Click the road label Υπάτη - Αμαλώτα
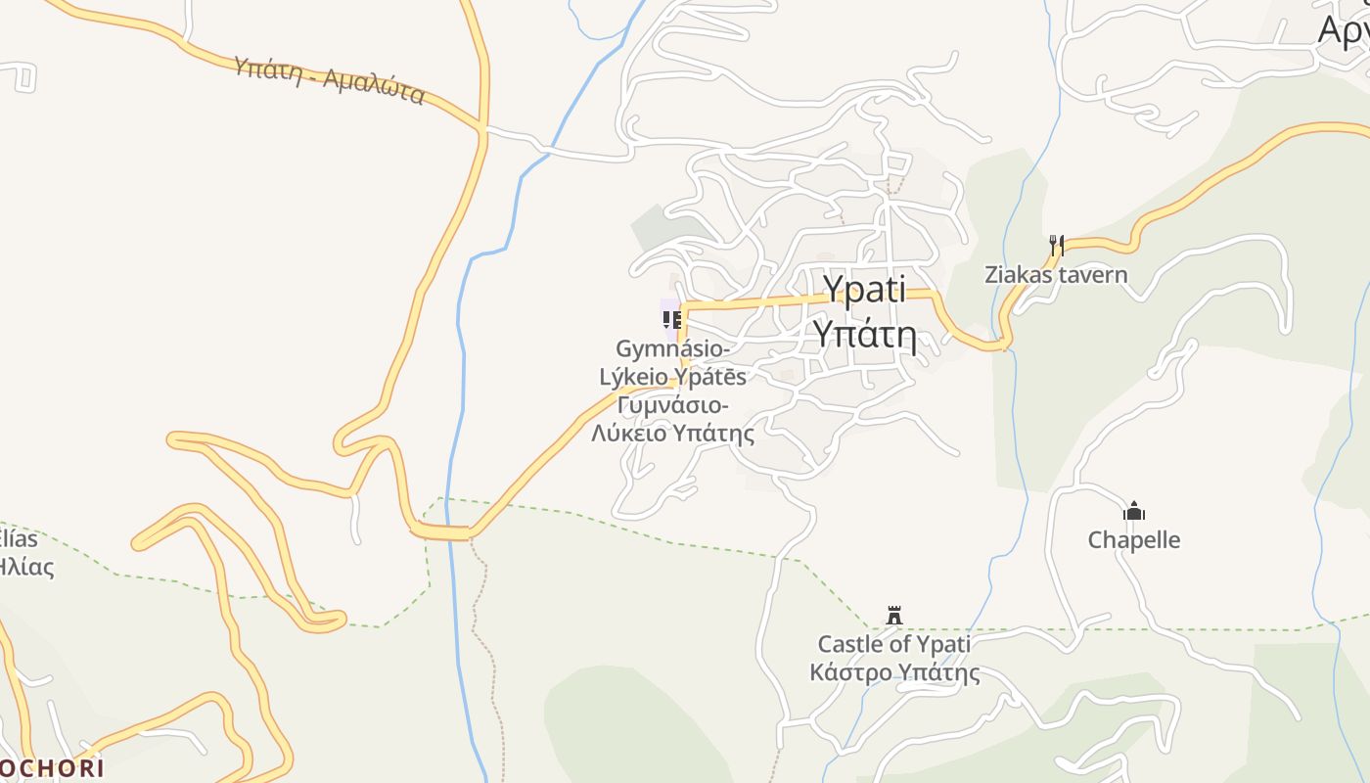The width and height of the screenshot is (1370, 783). (329, 80)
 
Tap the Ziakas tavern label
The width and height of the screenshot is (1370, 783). (1056, 274)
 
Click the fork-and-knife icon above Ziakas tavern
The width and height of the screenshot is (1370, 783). (1056, 244)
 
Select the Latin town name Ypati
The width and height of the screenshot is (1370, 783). (864, 290)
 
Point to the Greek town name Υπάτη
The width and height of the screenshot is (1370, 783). (865, 335)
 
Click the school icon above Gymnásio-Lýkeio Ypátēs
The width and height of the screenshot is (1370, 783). (671, 320)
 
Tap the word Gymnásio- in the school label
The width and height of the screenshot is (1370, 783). (672, 348)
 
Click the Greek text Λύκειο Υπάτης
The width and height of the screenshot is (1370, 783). (673, 433)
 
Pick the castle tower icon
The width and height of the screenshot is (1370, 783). (893, 616)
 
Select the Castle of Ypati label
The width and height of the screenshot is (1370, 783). (893, 644)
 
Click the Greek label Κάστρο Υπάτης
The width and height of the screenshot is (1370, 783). (894, 672)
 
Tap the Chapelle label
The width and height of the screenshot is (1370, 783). (1134, 539)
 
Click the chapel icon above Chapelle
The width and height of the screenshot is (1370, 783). (1134, 511)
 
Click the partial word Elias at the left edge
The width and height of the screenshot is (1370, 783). (19, 538)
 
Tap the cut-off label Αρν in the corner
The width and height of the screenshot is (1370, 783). (1343, 30)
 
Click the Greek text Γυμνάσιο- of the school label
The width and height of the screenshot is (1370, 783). (672, 405)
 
